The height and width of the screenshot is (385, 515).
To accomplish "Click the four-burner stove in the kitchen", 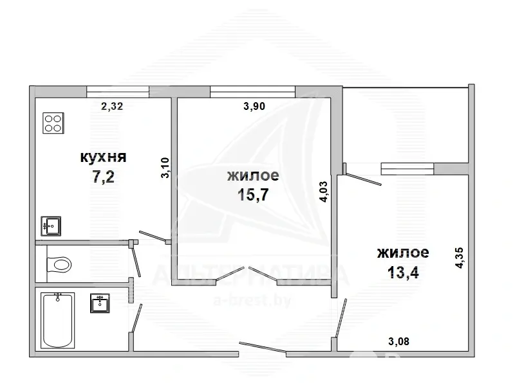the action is click(x=53, y=123).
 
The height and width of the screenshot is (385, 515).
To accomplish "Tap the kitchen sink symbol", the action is click(x=51, y=226).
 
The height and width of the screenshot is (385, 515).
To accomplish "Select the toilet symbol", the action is click(x=59, y=264).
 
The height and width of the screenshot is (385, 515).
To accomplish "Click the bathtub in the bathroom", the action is click(x=58, y=320).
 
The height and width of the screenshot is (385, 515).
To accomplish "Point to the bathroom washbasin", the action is click(x=100, y=303).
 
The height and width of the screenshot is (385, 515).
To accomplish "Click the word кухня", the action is click(x=104, y=157).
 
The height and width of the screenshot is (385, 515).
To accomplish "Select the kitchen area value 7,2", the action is click(x=104, y=177).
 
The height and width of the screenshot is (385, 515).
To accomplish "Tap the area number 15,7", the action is click(x=253, y=195).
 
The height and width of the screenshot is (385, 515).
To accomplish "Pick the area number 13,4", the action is click(x=403, y=272).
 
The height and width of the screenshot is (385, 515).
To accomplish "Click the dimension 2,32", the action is click(x=112, y=106).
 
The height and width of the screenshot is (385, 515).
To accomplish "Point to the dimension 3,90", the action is click(x=254, y=106).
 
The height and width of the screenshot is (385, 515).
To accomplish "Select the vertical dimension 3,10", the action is click(x=165, y=168).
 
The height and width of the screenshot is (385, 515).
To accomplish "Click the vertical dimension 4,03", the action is click(x=324, y=192).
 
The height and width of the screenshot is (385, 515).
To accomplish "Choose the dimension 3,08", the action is click(x=398, y=341).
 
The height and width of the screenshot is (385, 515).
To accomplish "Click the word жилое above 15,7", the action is click(x=253, y=175).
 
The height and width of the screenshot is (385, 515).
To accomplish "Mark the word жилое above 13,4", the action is click(x=403, y=253).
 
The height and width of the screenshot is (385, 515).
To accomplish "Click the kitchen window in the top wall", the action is click(x=118, y=91).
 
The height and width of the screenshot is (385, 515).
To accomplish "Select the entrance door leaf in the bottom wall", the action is click(x=263, y=347).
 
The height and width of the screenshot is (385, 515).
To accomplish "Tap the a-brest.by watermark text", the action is click(x=252, y=300).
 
